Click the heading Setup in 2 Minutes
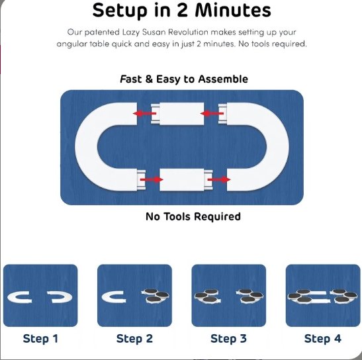(181, 11)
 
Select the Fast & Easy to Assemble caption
(184, 79)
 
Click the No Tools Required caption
(193, 216)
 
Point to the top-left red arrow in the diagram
(145, 113)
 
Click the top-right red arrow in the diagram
(212, 113)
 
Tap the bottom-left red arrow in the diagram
(152, 179)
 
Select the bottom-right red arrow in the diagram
(219, 179)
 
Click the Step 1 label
(40, 339)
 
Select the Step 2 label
(134, 339)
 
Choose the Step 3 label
(228, 339)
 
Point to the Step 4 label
(323, 339)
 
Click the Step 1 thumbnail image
(40, 296)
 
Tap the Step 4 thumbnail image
(323, 296)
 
